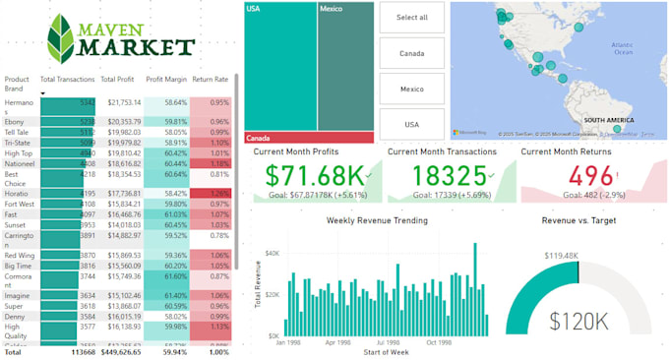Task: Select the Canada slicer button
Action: tap(410, 53)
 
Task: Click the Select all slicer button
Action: tap(410, 18)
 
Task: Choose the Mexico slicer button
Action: tap(410, 89)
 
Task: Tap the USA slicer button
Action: tap(410, 124)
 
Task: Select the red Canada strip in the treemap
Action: tap(309, 138)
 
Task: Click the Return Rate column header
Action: tap(210, 80)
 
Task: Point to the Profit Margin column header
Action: tap(166, 80)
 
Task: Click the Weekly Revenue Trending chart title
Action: tap(377, 220)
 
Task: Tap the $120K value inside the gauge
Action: tap(578, 322)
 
